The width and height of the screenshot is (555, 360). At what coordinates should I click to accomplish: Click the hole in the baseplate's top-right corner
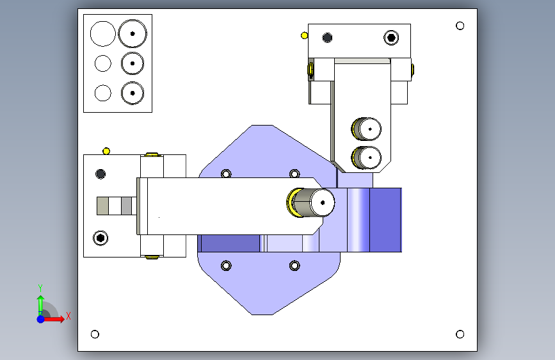pos(460,26)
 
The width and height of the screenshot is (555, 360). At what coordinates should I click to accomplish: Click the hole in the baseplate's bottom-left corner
pos(95,334)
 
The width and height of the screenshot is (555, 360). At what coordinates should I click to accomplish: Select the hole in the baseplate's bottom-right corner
pos(460,334)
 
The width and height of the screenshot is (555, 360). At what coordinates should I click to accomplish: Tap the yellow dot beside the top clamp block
pos(304,35)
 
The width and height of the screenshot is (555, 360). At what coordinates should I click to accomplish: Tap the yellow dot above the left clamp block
pos(106,151)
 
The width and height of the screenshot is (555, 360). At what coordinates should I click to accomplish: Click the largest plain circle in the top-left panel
pos(102,34)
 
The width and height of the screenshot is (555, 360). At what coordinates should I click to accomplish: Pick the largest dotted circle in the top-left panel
pos(133,34)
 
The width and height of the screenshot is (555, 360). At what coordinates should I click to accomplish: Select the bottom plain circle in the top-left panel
pos(102,93)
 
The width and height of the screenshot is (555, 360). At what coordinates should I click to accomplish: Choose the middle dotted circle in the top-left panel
pos(133,63)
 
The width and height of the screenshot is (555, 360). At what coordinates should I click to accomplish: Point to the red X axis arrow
pos(53,319)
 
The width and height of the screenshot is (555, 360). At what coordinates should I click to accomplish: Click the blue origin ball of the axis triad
pos(41,319)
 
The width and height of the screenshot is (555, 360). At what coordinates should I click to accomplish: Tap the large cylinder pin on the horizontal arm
pos(311,202)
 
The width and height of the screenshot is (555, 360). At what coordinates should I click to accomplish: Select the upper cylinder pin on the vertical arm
pos(366,129)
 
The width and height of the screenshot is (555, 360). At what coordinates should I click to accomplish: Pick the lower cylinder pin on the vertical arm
pos(366,158)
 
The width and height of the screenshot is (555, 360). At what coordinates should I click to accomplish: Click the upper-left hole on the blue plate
pos(226,174)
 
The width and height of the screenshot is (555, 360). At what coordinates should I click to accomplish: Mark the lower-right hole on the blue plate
pos(294,265)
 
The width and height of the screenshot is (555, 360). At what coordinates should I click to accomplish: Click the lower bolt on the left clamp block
pos(101,238)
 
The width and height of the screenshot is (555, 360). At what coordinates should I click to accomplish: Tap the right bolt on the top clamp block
pos(391,38)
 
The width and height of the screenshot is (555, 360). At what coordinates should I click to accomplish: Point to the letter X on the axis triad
pos(68,316)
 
